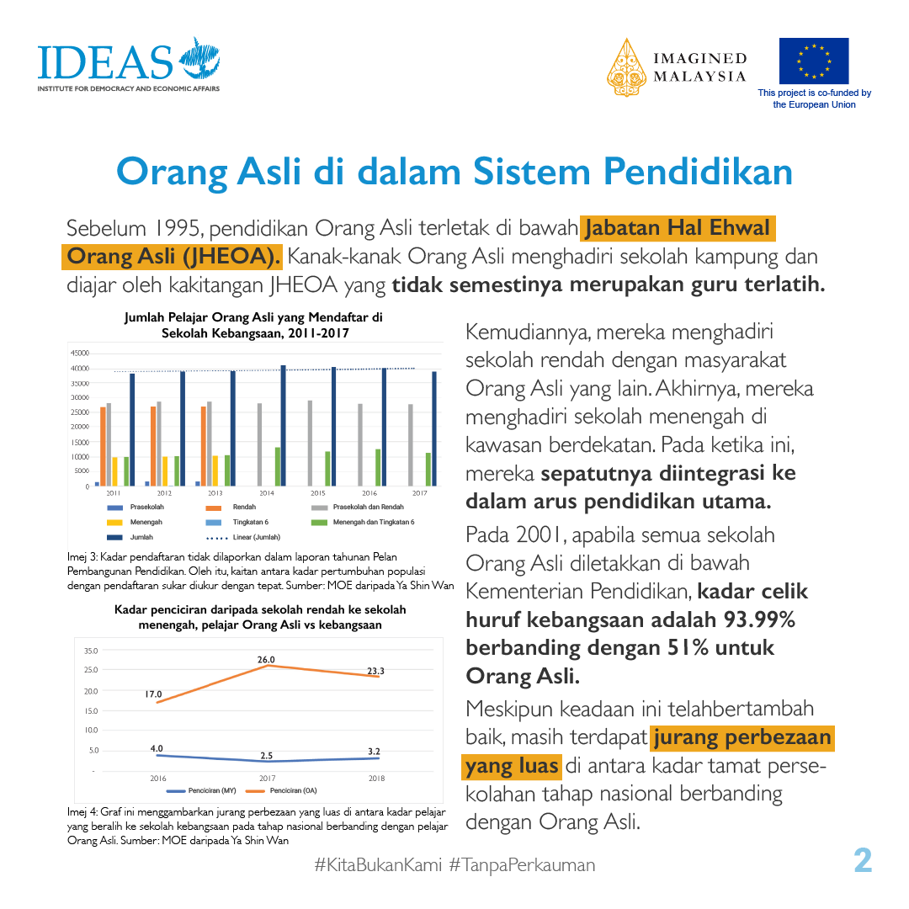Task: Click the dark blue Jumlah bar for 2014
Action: (x=284, y=426)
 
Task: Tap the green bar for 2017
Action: (x=428, y=469)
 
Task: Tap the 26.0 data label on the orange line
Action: (x=266, y=660)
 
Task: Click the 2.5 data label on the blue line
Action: (x=266, y=756)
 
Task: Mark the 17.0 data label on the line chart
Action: (x=153, y=694)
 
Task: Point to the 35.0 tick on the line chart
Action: (x=91, y=651)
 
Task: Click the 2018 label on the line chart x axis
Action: (x=377, y=779)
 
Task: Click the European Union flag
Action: (x=813, y=61)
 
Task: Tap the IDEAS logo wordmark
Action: (x=104, y=61)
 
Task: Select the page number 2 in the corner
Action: (x=863, y=861)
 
